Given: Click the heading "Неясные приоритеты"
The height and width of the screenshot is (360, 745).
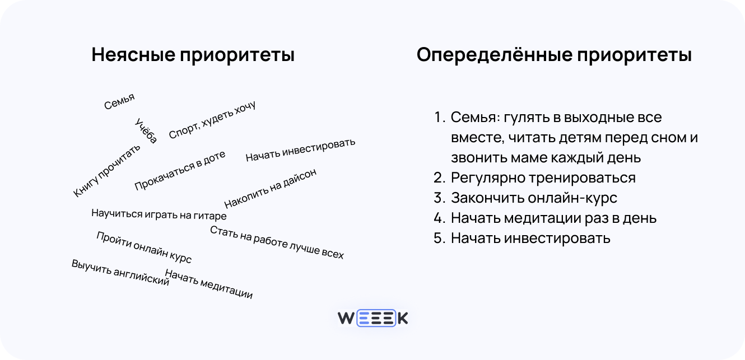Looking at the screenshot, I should coord(193,55).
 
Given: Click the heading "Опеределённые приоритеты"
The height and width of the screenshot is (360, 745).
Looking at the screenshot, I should coord(554,55).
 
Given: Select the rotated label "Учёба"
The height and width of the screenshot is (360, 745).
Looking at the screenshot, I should coord(147,130).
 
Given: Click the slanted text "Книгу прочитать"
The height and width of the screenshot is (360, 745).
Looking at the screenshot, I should coord(107,170).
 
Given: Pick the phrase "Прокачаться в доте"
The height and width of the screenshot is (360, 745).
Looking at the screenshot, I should coord(180,170).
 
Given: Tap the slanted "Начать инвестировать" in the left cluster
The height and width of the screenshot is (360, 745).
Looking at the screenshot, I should coord(300,150).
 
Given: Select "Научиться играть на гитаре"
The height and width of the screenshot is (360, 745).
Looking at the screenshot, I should coord(159,214).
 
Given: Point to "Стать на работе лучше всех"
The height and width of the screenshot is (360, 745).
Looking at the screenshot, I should coord(277,242).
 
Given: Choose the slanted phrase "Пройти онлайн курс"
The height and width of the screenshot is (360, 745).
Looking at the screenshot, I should coord(144,247).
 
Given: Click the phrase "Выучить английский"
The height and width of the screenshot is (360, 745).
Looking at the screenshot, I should coord(120,273).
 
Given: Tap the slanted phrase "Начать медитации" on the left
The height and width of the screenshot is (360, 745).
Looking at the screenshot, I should coord(209,284).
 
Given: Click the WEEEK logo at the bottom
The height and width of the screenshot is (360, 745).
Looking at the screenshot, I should coord(372,319).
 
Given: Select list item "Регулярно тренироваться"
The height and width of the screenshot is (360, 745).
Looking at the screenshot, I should coord(543,178).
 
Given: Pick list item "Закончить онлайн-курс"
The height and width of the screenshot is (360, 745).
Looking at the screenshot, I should coord(533,198).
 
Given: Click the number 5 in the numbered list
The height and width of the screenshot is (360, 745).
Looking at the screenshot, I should coord(439,238).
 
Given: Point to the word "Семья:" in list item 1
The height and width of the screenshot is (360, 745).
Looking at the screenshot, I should coord(475,118).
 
